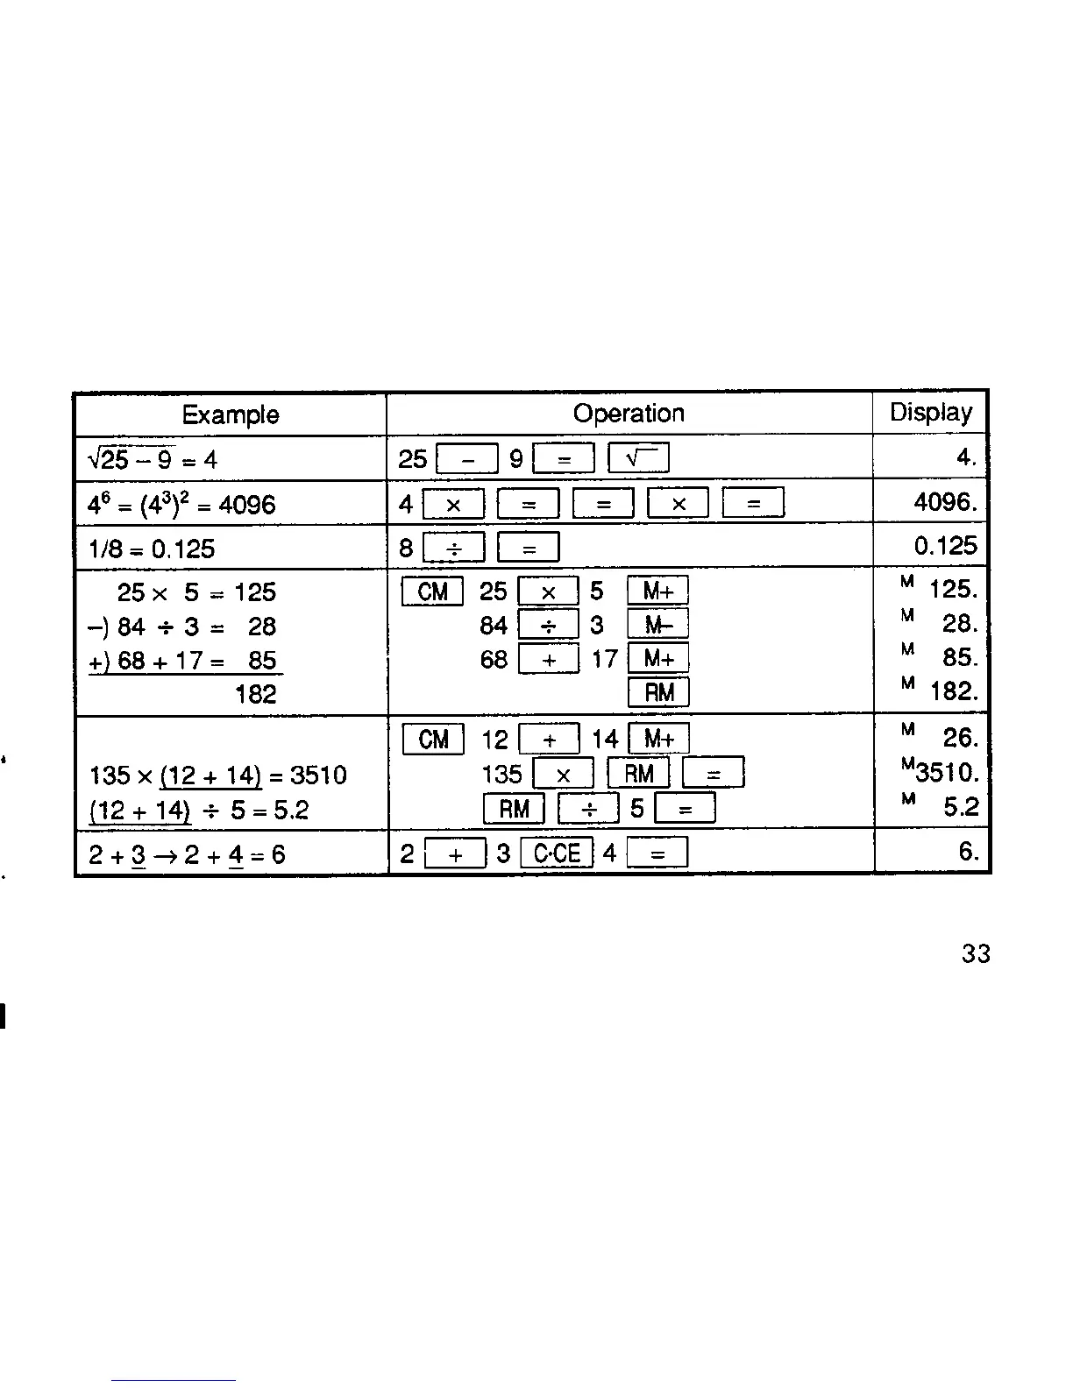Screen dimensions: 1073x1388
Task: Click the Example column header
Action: tap(231, 414)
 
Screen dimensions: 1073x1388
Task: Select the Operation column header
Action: tap(629, 414)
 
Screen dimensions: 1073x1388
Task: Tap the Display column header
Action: tap(931, 413)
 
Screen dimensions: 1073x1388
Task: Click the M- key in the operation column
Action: tap(658, 625)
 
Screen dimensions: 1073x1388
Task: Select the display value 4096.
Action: tap(945, 502)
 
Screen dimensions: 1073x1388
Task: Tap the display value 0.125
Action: tap(945, 546)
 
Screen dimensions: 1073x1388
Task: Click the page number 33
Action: tap(976, 953)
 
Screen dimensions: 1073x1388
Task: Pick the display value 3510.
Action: tap(945, 773)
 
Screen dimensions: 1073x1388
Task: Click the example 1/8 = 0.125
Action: tap(152, 549)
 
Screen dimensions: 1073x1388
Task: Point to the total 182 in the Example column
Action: tap(256, 695)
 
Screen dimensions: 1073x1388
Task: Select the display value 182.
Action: tap(953, 692)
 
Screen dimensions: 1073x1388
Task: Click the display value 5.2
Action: tap(961, 807)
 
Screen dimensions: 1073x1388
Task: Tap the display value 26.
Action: tap(960, 739)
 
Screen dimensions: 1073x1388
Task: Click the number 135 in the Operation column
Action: tap(502, 775)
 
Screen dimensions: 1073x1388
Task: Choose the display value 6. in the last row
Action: tap(968, 852)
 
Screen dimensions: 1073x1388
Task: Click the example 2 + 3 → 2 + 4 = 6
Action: tap(188, 854)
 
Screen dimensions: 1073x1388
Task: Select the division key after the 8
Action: tap(453, 549)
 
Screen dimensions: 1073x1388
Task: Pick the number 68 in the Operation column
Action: tap(494, 659)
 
